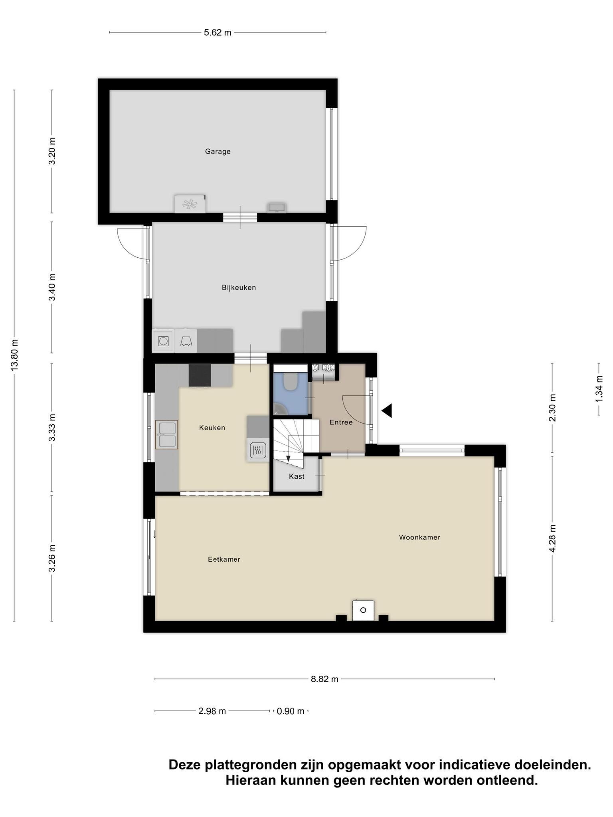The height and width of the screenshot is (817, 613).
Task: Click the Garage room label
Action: [x=218, y=152]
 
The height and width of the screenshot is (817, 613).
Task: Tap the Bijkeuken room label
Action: [x=239, y=288]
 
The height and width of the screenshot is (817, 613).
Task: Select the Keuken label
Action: [x=212, y=428]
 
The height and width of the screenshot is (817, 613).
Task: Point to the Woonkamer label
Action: [x=419, y=537]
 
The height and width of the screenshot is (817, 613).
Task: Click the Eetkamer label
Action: [x=224, y=559]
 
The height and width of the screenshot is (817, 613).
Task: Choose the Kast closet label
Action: [x=297, y=476]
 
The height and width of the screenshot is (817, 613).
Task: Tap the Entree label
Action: [x=341, y=422]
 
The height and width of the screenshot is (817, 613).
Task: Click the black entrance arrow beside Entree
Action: [x=387, y=410]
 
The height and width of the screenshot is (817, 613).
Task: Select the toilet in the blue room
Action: [x=290, y=381]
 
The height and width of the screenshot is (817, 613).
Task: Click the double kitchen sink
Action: [x=166, y=434]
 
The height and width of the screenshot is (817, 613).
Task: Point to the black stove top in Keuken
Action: [x=200, y=375]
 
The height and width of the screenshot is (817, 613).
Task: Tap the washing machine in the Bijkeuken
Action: [x=163, y=341]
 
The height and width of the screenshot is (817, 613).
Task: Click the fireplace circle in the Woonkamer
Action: [x=363, y=610]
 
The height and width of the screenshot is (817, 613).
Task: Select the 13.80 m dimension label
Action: [x=14, y=355]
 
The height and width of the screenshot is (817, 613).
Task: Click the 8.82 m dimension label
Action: [x=324, y=679]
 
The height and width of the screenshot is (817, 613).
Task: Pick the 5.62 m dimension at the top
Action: [x=218, y=33]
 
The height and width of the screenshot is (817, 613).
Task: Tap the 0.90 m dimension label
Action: [x=291, y=711]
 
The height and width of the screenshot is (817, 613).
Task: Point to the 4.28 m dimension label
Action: [x=552, y=539]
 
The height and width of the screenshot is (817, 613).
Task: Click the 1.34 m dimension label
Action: [x=599, y=389]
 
